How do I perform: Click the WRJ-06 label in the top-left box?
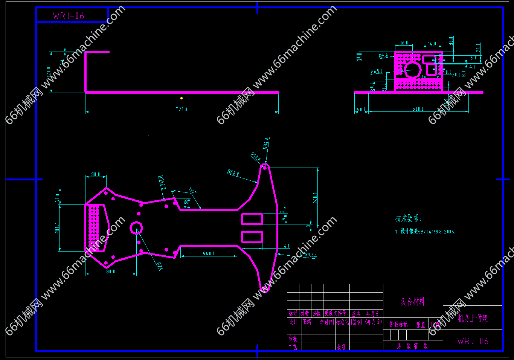point(68,16)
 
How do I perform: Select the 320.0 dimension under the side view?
point(182,110)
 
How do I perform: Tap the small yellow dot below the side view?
point(182,98)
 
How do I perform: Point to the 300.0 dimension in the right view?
point(418,109)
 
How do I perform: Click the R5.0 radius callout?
point(383,56)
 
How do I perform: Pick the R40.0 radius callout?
point(377,72)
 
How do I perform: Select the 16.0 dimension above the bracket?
point(404,43)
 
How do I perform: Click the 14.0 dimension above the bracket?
point(432,44)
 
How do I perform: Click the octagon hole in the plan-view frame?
point(136,228)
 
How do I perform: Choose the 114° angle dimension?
point(192,191)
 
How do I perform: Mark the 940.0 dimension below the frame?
point(209,254)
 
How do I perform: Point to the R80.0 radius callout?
point(233,173)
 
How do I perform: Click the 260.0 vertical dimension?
point(316,198)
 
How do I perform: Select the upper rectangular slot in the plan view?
point(252,219)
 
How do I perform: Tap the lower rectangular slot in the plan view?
point(252,237)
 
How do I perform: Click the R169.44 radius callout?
point(308,255)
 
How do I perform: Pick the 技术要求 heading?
point(408,218)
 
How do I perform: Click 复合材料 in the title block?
point(413,302)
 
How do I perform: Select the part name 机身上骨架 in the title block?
point(473,319)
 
